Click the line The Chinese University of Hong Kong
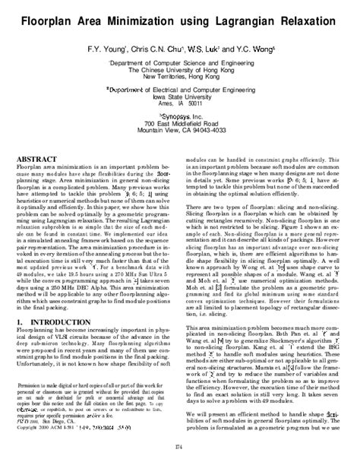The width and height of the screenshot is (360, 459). tap(180, 70)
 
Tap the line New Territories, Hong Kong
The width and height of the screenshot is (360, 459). tap(180, 78)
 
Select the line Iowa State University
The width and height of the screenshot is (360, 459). tap(180, 98)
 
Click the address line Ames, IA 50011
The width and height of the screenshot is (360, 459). tap(180, 106)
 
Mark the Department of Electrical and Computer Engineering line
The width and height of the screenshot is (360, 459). tap(180, 90)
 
